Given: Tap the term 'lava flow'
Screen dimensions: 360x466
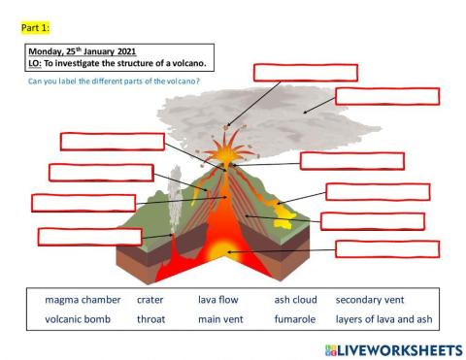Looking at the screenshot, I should pyautogui.click(x=217, y=300).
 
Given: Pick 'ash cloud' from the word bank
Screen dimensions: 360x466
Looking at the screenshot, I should pyautogui.click(x=296, y=300).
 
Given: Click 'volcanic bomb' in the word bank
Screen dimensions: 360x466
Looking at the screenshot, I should pyautogui.click(x=77, y=318).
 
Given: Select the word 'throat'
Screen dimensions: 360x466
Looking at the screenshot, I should pyautogui.click(x=151, y=318).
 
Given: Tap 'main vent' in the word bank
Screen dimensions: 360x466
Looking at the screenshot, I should pyautogui.click(x=220, y=318).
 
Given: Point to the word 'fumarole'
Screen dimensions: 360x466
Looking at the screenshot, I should pyautogui.click(x=295, y=318).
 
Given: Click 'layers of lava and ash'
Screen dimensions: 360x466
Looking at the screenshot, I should pyautogui.click(x=383, y=318).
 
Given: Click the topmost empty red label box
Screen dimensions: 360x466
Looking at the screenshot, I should pyautogui.click(x=306, y=72).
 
